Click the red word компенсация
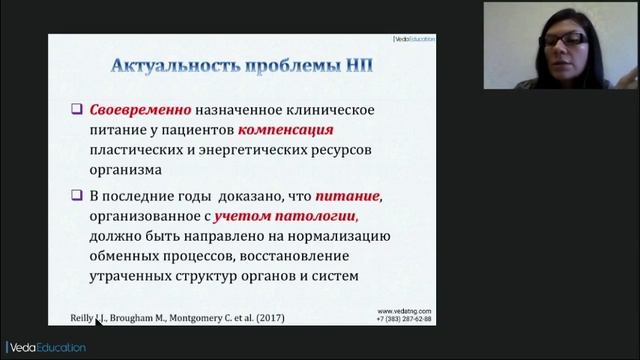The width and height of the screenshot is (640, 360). pos(287,131)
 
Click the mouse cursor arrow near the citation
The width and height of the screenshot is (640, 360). pos(98,321)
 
